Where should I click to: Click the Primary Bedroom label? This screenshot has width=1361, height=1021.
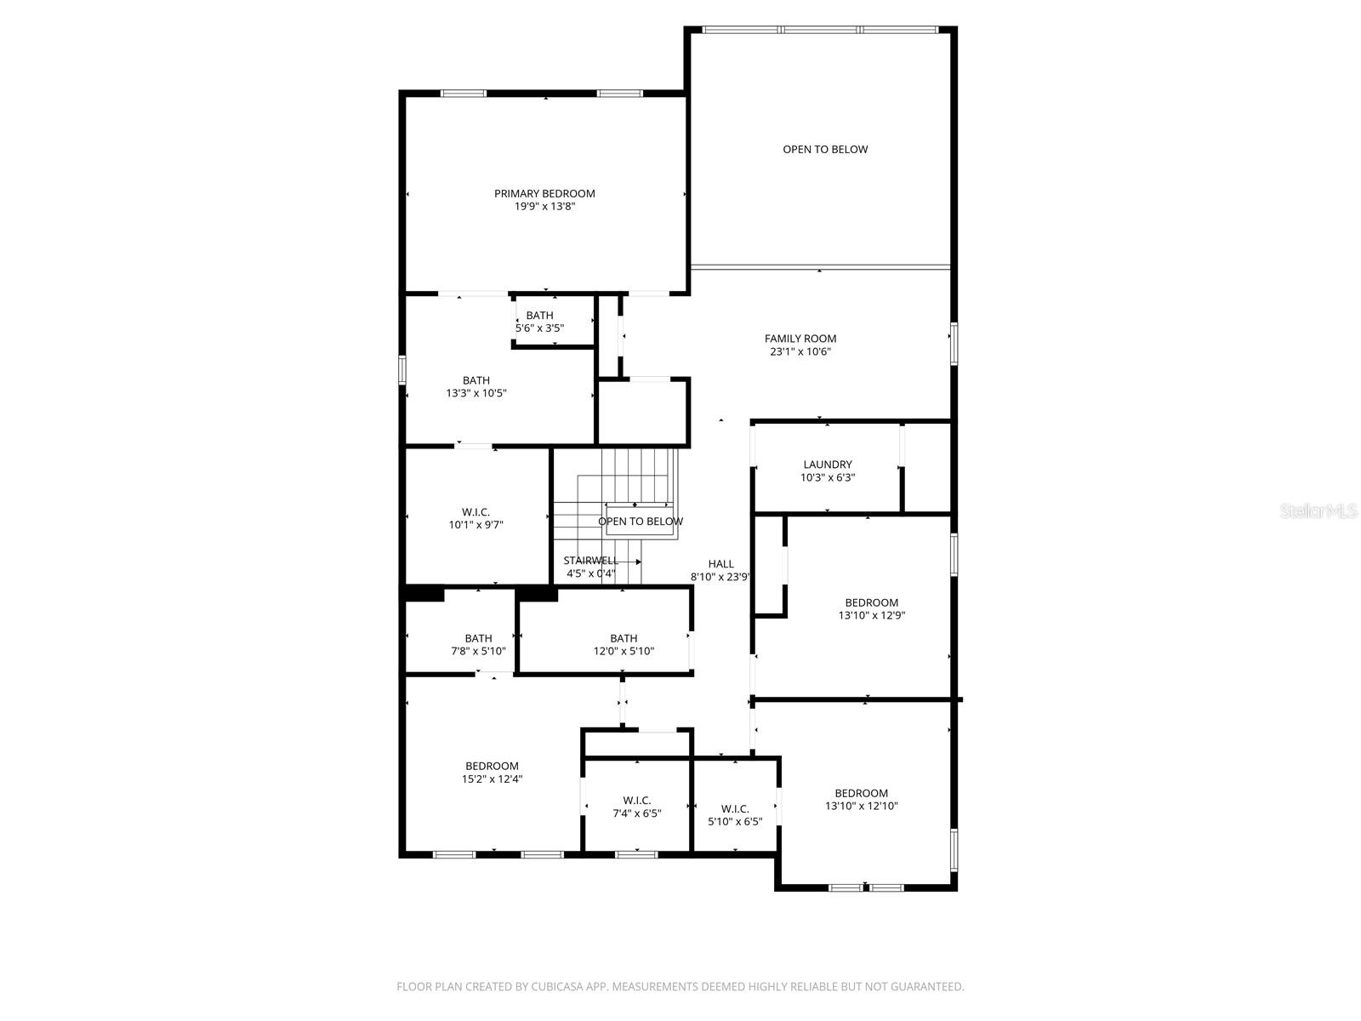(x=544, y=194)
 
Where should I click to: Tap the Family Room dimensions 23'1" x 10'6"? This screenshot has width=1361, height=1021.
(x=800, y=351)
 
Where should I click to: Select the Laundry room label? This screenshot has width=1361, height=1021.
(x=827, y=465)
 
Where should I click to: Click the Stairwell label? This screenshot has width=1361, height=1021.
(x=590, y=561)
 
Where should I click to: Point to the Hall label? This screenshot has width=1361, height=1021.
(x=720, y=564)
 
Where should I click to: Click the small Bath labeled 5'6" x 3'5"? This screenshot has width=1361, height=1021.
(x=539, y=322)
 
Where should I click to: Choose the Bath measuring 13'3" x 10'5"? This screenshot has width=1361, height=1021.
(x=476, y=387)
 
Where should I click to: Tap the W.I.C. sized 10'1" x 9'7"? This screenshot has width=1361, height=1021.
(x=475, y=518)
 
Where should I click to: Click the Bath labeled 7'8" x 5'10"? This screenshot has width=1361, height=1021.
(x=478, y=644)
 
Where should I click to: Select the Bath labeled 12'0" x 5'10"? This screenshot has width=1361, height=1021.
(x=624, y=644)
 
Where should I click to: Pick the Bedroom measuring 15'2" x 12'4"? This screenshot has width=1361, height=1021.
(x=492, y=772)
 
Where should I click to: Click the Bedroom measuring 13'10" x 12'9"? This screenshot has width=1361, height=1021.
(x=871, y=608)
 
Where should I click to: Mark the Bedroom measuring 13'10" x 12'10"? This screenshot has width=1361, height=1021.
(x=861, y=799)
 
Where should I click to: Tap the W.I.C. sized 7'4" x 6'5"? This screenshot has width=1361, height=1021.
(x=636, y=807)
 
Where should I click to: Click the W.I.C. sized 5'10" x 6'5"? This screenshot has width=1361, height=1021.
(x=735, y=815)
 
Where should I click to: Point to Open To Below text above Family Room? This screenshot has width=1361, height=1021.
(x=825, y=150)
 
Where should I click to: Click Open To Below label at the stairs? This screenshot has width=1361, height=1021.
(x=641, y=522)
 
